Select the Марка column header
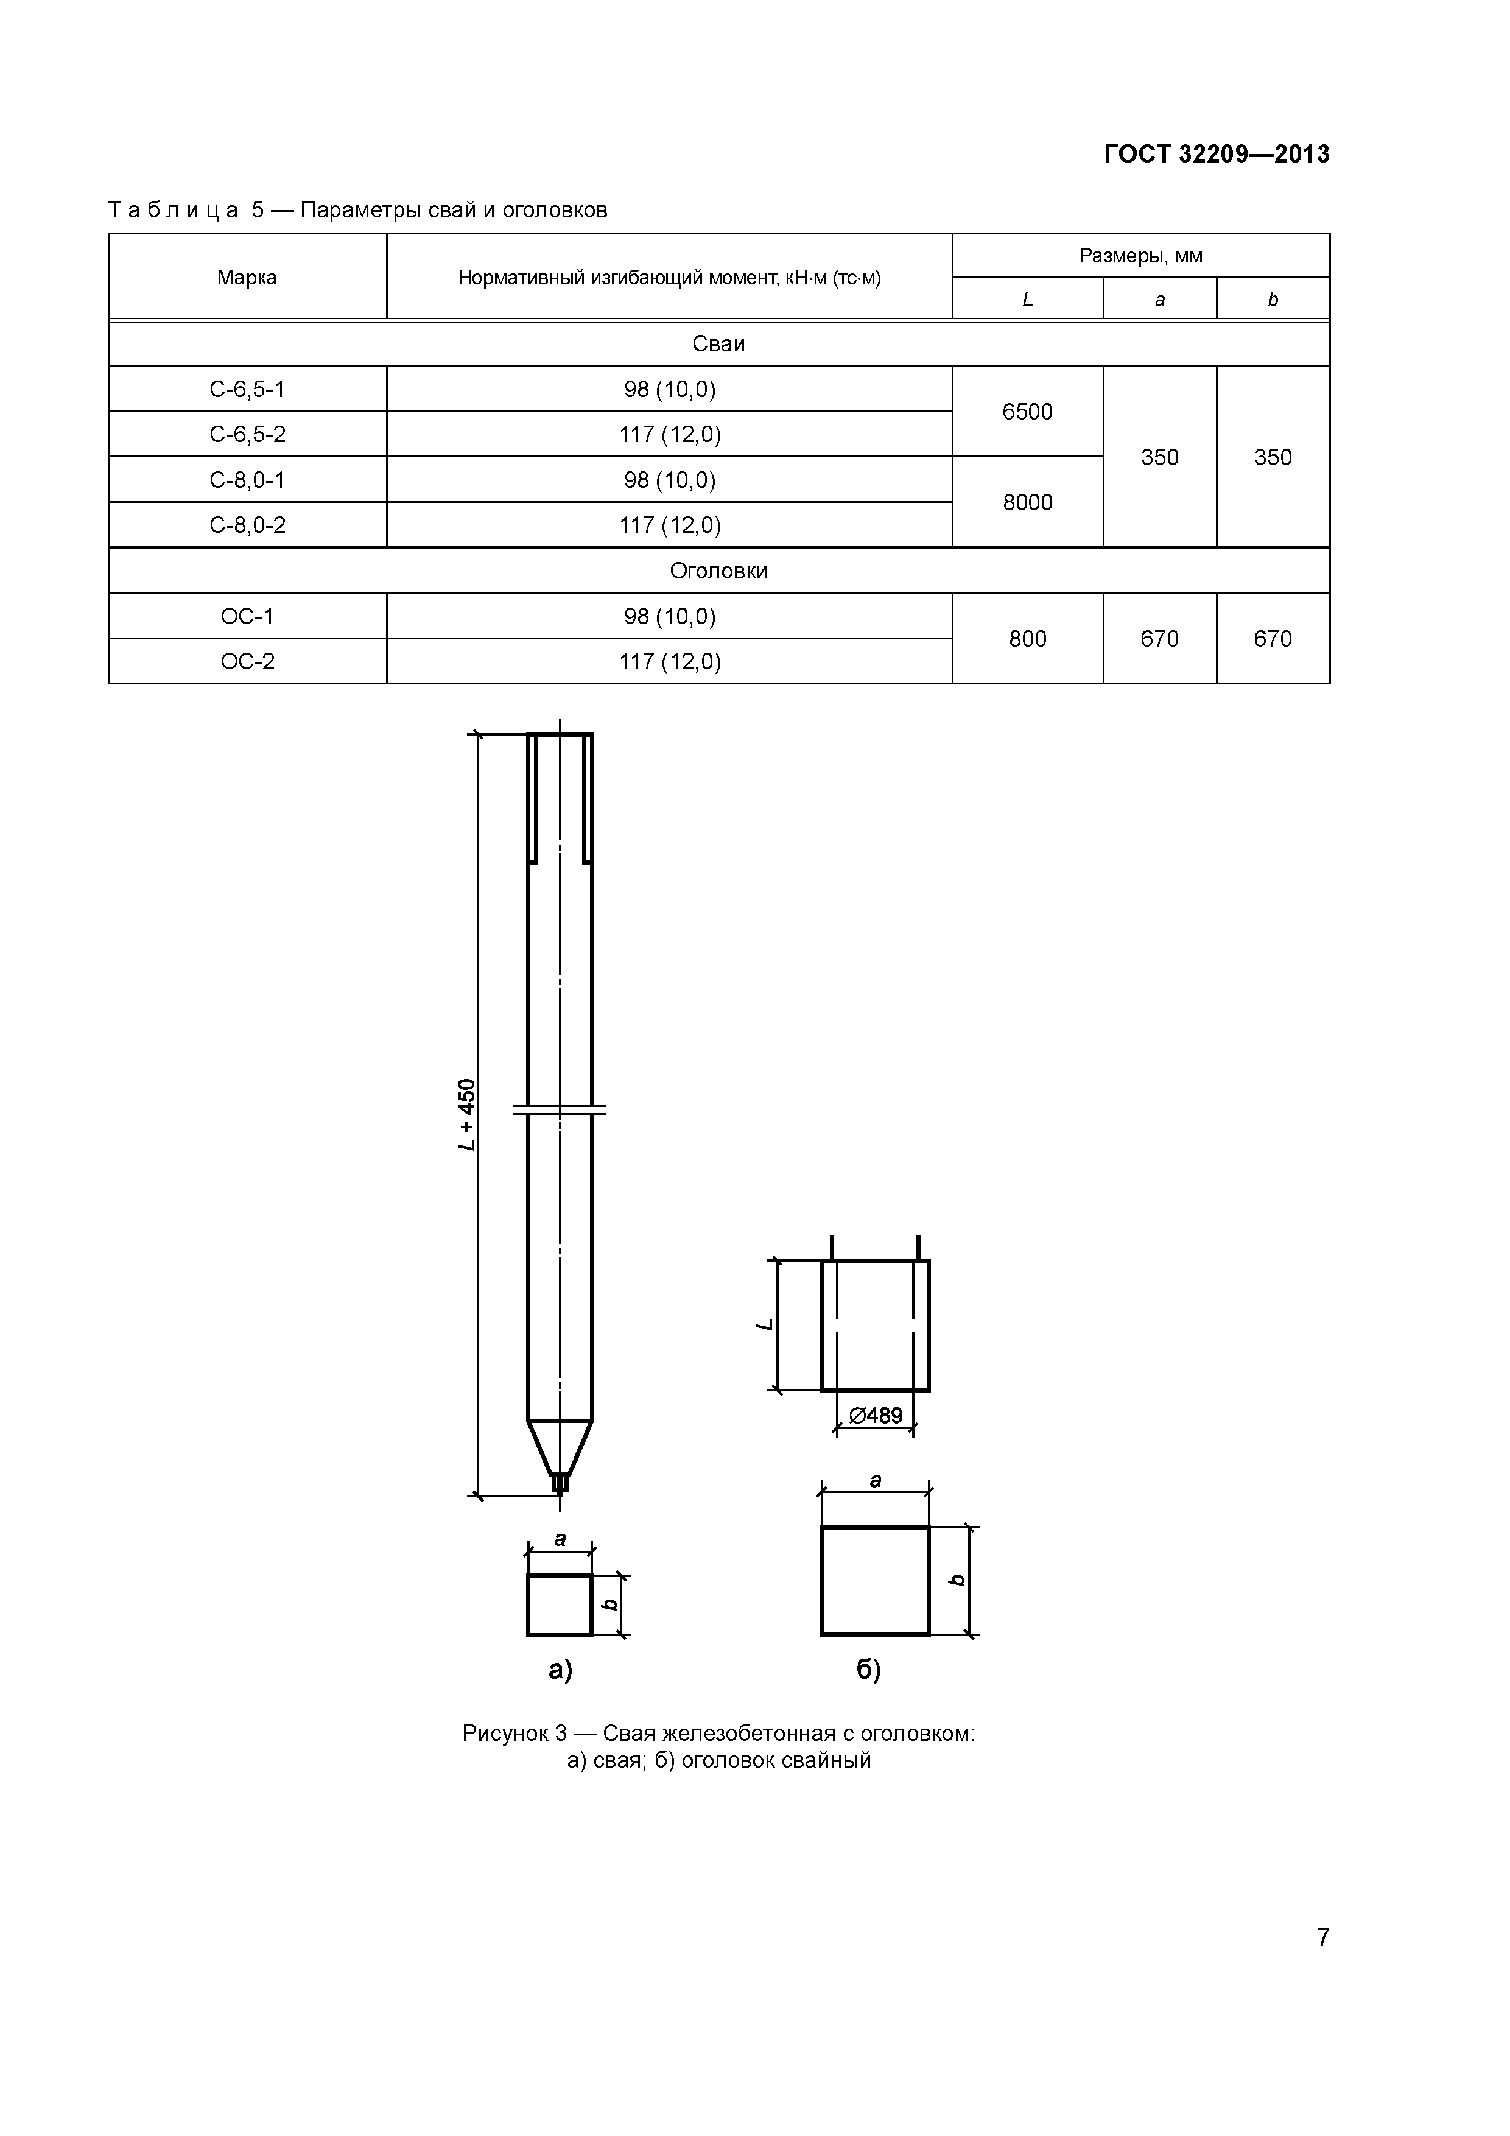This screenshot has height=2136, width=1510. click(x=247, y=277)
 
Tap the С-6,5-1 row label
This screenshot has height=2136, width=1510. click(x=247, y=389)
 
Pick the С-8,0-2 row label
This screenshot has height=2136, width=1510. click(x=247, y=525)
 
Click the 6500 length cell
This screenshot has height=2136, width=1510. click(x=1027, y=411)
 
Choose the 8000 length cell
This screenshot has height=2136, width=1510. click(x=1027, y=502)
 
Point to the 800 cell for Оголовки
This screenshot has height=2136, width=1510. click(x=1027, y=638)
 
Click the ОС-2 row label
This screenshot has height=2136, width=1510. click(x=247, y=661)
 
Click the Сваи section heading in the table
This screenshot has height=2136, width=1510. click(x=718, y=344)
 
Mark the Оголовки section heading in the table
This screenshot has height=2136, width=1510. click(x=718, y=571)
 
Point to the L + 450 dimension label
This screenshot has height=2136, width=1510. click(x=467, y=1114)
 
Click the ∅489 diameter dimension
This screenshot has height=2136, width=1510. click(x=876, y=1415)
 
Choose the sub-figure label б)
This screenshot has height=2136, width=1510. click(x=868, y=1670)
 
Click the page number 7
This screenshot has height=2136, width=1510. click(x=1322, y=1937)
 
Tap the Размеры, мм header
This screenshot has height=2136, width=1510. click(x=1140, y=255)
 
